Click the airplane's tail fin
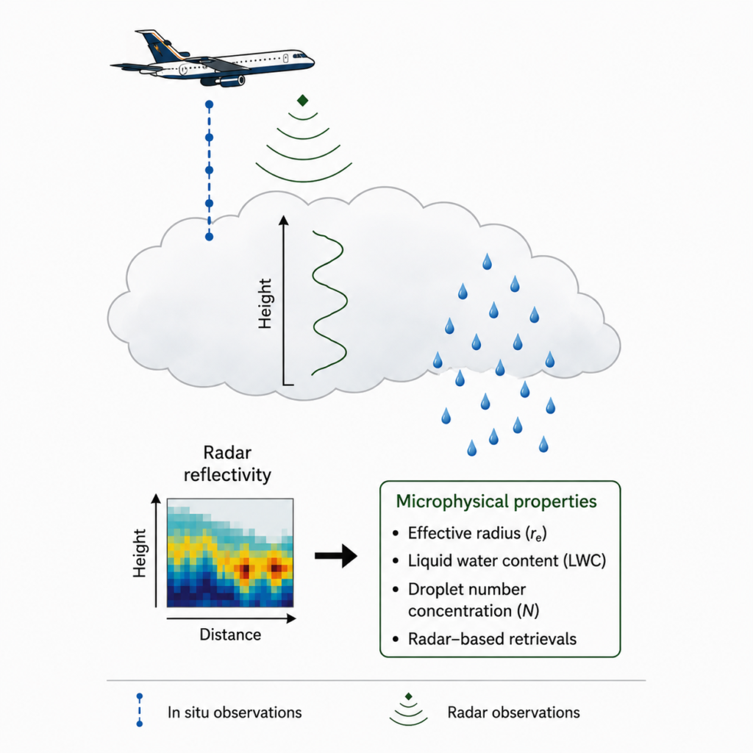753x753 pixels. pyautogui.click(x=159, y=45)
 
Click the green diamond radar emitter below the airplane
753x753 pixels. pyautogui.click(x=302, y=100)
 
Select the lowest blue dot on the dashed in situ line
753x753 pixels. pyautogui.click(x=209, y=237)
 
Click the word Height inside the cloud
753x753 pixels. pyautogui.click(x=265, y=304)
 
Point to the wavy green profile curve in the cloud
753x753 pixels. pyautogui.click(x=329, y=302)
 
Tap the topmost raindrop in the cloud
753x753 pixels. pyautogui.click(x=487, y=262)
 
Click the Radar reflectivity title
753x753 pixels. pyautogui.click(x=227, y=463)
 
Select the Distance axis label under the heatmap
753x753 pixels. pyautogui.click(x=230, y=635)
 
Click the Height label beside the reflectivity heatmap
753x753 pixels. pyautogui.click(x=139, y=553)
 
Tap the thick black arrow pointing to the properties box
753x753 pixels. pyautogui.click(x=336, y=556)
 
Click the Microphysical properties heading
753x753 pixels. pyautogui.click(x=496, y=501)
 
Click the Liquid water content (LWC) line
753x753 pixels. pyautogui.click(x=507, y=560)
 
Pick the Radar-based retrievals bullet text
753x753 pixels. pyautogui.click(x=492, y=639)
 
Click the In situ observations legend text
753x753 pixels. pyautogui.click(x=235, y=712)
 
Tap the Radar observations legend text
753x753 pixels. pyautogui.click(x=514, y=712)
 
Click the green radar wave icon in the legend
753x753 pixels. pyautogui.click(x=408, y=710)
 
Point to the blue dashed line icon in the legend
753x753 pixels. pyautogui.click(x=140, y=710)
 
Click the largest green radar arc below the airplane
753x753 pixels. pyautogui.click(x=304, y=181)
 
